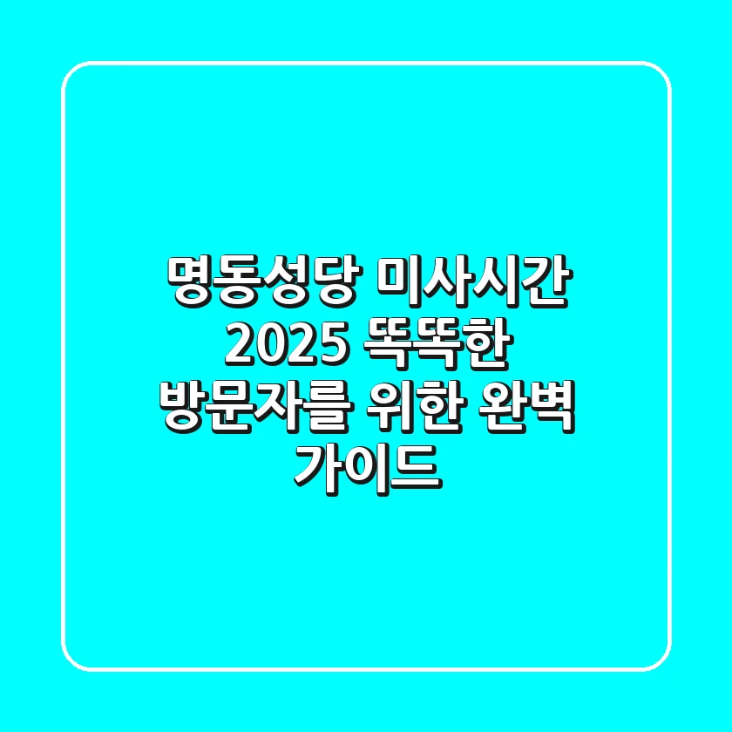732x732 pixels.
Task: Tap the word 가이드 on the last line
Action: [x=365, y=468]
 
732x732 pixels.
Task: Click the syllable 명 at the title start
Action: [x=189, y=285]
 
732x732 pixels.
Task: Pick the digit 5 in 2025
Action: [x=324, y=346]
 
